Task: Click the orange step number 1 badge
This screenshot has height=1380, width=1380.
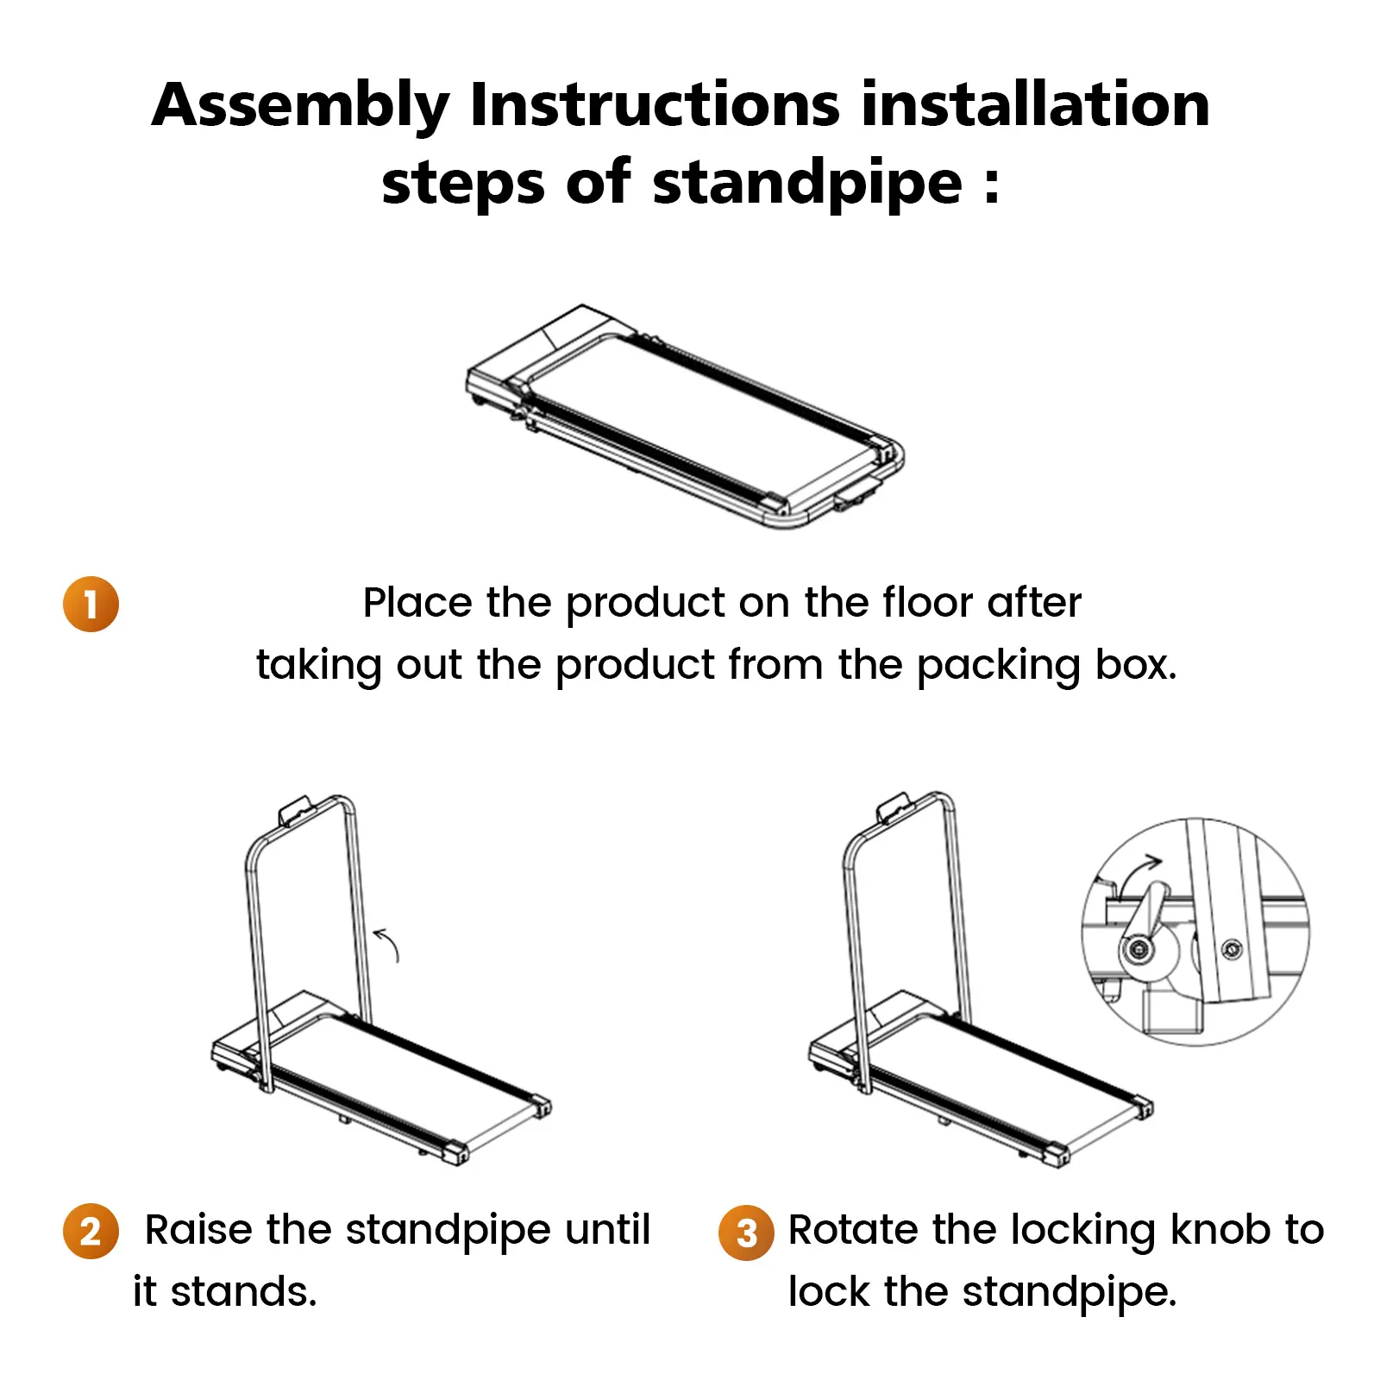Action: (x=91, y=604)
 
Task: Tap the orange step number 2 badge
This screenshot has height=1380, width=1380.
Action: (x=91, y=1231)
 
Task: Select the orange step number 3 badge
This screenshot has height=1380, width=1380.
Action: (x=746, y=1233)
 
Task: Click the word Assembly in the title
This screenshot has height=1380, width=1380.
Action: (x=301, y=107)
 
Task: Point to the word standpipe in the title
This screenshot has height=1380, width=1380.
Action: (x=807, y=183)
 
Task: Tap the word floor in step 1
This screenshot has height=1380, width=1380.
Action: (x=927, y=601)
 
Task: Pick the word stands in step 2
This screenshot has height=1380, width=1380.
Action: (x=243, y=1291)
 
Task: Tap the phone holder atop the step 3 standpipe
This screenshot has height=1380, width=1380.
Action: (x=894, y=807)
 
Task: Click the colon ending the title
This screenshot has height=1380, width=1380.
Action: (x=992, y=185)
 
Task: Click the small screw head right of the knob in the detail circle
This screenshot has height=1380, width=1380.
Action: (x=1233, y=950)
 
